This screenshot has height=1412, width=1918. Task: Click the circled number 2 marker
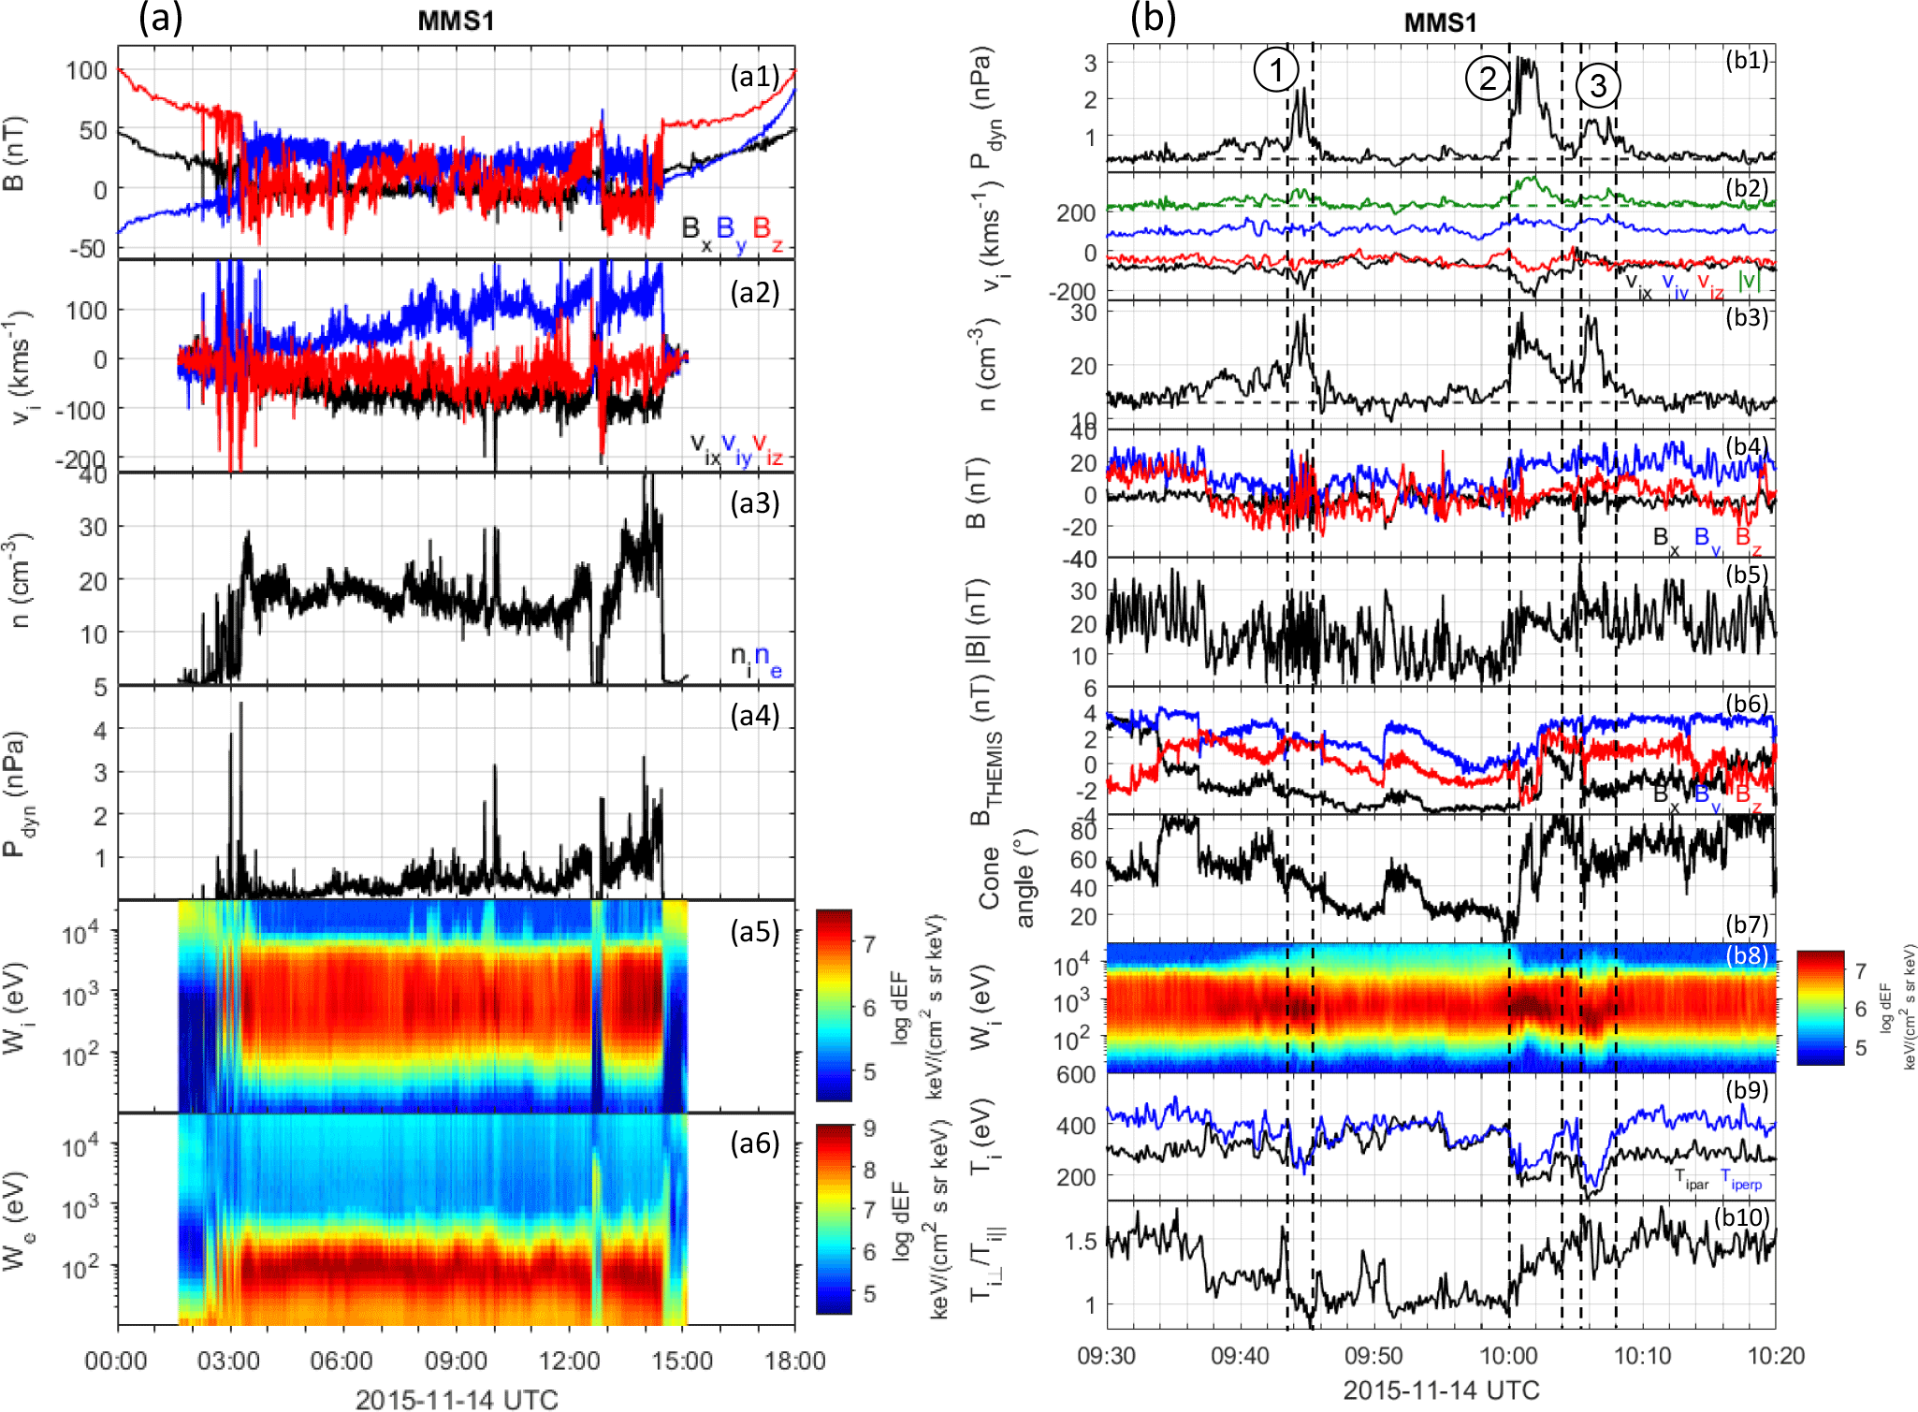pos(1487,78)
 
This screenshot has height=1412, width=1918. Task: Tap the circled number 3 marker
pos(1598,85)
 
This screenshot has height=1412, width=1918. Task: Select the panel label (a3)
pos(754,503)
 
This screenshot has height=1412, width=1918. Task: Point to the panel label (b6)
pos(1746,704)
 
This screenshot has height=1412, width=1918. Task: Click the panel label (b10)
pos(1741,1216)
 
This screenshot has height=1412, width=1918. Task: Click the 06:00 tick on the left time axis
pos(342,1360)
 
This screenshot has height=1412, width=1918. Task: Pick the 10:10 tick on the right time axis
pos(1643,1356)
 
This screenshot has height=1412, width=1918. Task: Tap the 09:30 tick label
pos(1107,1356)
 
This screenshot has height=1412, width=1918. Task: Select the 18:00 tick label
pos(794,1360)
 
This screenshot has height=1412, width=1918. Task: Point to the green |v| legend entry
pos(1746,280)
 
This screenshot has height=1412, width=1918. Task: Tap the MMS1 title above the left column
pos(456,21)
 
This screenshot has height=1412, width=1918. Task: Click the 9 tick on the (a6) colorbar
pos(869,1128)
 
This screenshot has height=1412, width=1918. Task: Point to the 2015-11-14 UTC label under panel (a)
pos(457,1399)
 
